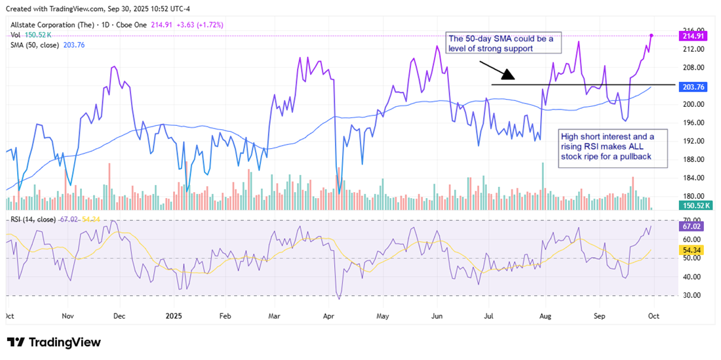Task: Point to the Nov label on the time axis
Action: [x=68, y=315]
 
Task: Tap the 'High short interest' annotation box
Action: [x=613, y=148]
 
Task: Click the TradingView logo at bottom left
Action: [x=54, y=342]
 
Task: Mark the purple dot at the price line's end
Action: [x=652, y=35]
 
